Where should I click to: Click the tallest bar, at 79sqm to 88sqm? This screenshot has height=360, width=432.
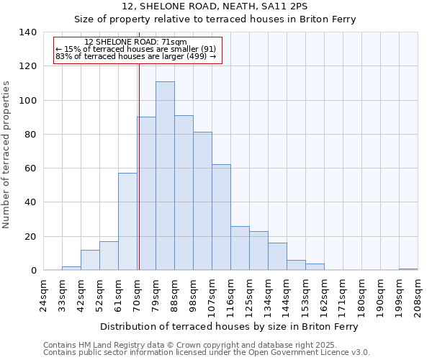(165, 176)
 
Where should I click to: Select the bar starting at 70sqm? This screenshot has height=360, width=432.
(147, 194)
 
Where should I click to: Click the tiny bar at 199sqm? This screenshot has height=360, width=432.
(408, 269)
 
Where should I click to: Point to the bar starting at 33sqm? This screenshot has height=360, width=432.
(71, 269)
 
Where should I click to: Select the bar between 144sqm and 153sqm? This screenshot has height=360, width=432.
(296, 265)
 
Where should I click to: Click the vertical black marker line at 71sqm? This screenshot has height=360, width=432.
(138, 166)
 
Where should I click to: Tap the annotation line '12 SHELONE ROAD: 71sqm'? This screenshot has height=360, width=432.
(135, 42)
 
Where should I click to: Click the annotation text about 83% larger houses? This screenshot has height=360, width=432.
(135, 56)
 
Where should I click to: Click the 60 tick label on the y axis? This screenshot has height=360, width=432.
(30, 168)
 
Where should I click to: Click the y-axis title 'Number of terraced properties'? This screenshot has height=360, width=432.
(7, 155)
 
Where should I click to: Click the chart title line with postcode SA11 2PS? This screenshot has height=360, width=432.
(215, 6)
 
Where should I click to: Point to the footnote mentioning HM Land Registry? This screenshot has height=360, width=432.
(206, 345)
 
